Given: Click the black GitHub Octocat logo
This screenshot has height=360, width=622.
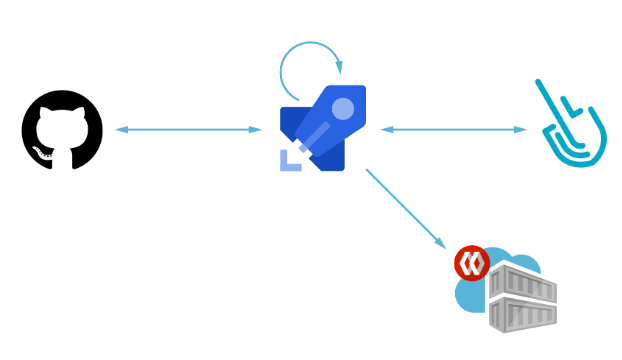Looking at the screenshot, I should click(62, 130).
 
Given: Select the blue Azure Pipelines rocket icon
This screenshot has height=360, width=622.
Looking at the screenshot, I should click(322, 128).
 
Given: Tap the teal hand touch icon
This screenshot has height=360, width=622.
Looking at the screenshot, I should click(568, 128).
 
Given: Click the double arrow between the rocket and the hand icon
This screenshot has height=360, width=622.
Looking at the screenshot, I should click(453, 129).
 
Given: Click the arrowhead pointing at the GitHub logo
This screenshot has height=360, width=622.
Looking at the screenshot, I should click(119, 130).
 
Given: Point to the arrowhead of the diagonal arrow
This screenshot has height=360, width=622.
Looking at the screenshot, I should click(441, 245).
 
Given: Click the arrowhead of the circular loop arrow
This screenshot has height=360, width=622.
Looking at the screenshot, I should click(341, 69).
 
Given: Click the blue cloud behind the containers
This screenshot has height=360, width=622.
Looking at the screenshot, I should click(470, 296).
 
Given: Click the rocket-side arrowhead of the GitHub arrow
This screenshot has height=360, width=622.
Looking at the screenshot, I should click(257, 130).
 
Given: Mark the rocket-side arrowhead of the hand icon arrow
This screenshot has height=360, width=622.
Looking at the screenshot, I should click(384, 129).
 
